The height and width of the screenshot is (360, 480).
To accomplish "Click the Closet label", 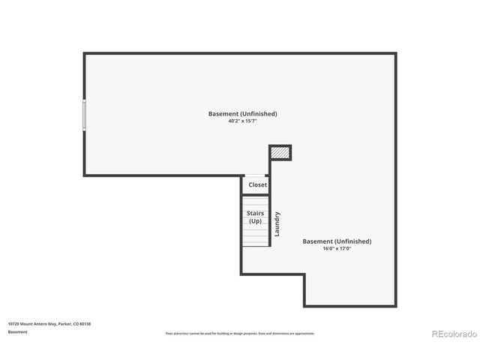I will point(257,184).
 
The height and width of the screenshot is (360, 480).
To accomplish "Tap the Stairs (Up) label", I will point(256,217).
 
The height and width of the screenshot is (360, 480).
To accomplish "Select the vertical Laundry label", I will point(277,223).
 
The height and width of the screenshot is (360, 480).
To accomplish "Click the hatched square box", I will point(280,152).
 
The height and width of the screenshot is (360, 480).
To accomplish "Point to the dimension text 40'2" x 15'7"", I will point(242,121).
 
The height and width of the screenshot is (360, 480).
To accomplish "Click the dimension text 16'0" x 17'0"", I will point(337,248).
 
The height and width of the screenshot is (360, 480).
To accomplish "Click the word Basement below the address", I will point(18,331).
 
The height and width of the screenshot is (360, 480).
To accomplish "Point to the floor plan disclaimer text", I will point(240,333).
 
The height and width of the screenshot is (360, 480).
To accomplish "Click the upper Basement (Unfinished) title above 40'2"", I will point(242,113).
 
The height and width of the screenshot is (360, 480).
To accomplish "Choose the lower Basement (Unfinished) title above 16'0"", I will point(337,241).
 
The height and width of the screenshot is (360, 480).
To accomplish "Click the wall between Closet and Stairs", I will point(256,194).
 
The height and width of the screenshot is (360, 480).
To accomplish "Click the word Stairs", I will point(256,214).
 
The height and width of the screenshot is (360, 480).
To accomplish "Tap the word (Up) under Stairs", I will point(256,221).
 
